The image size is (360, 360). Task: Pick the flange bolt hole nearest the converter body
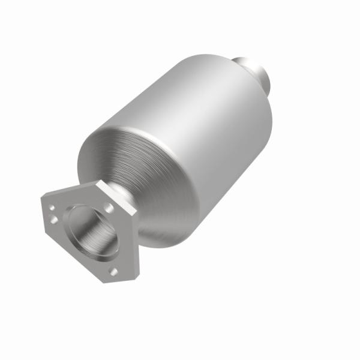[x=109, y=207]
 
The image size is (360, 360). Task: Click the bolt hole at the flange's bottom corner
[x=113, y=272]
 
